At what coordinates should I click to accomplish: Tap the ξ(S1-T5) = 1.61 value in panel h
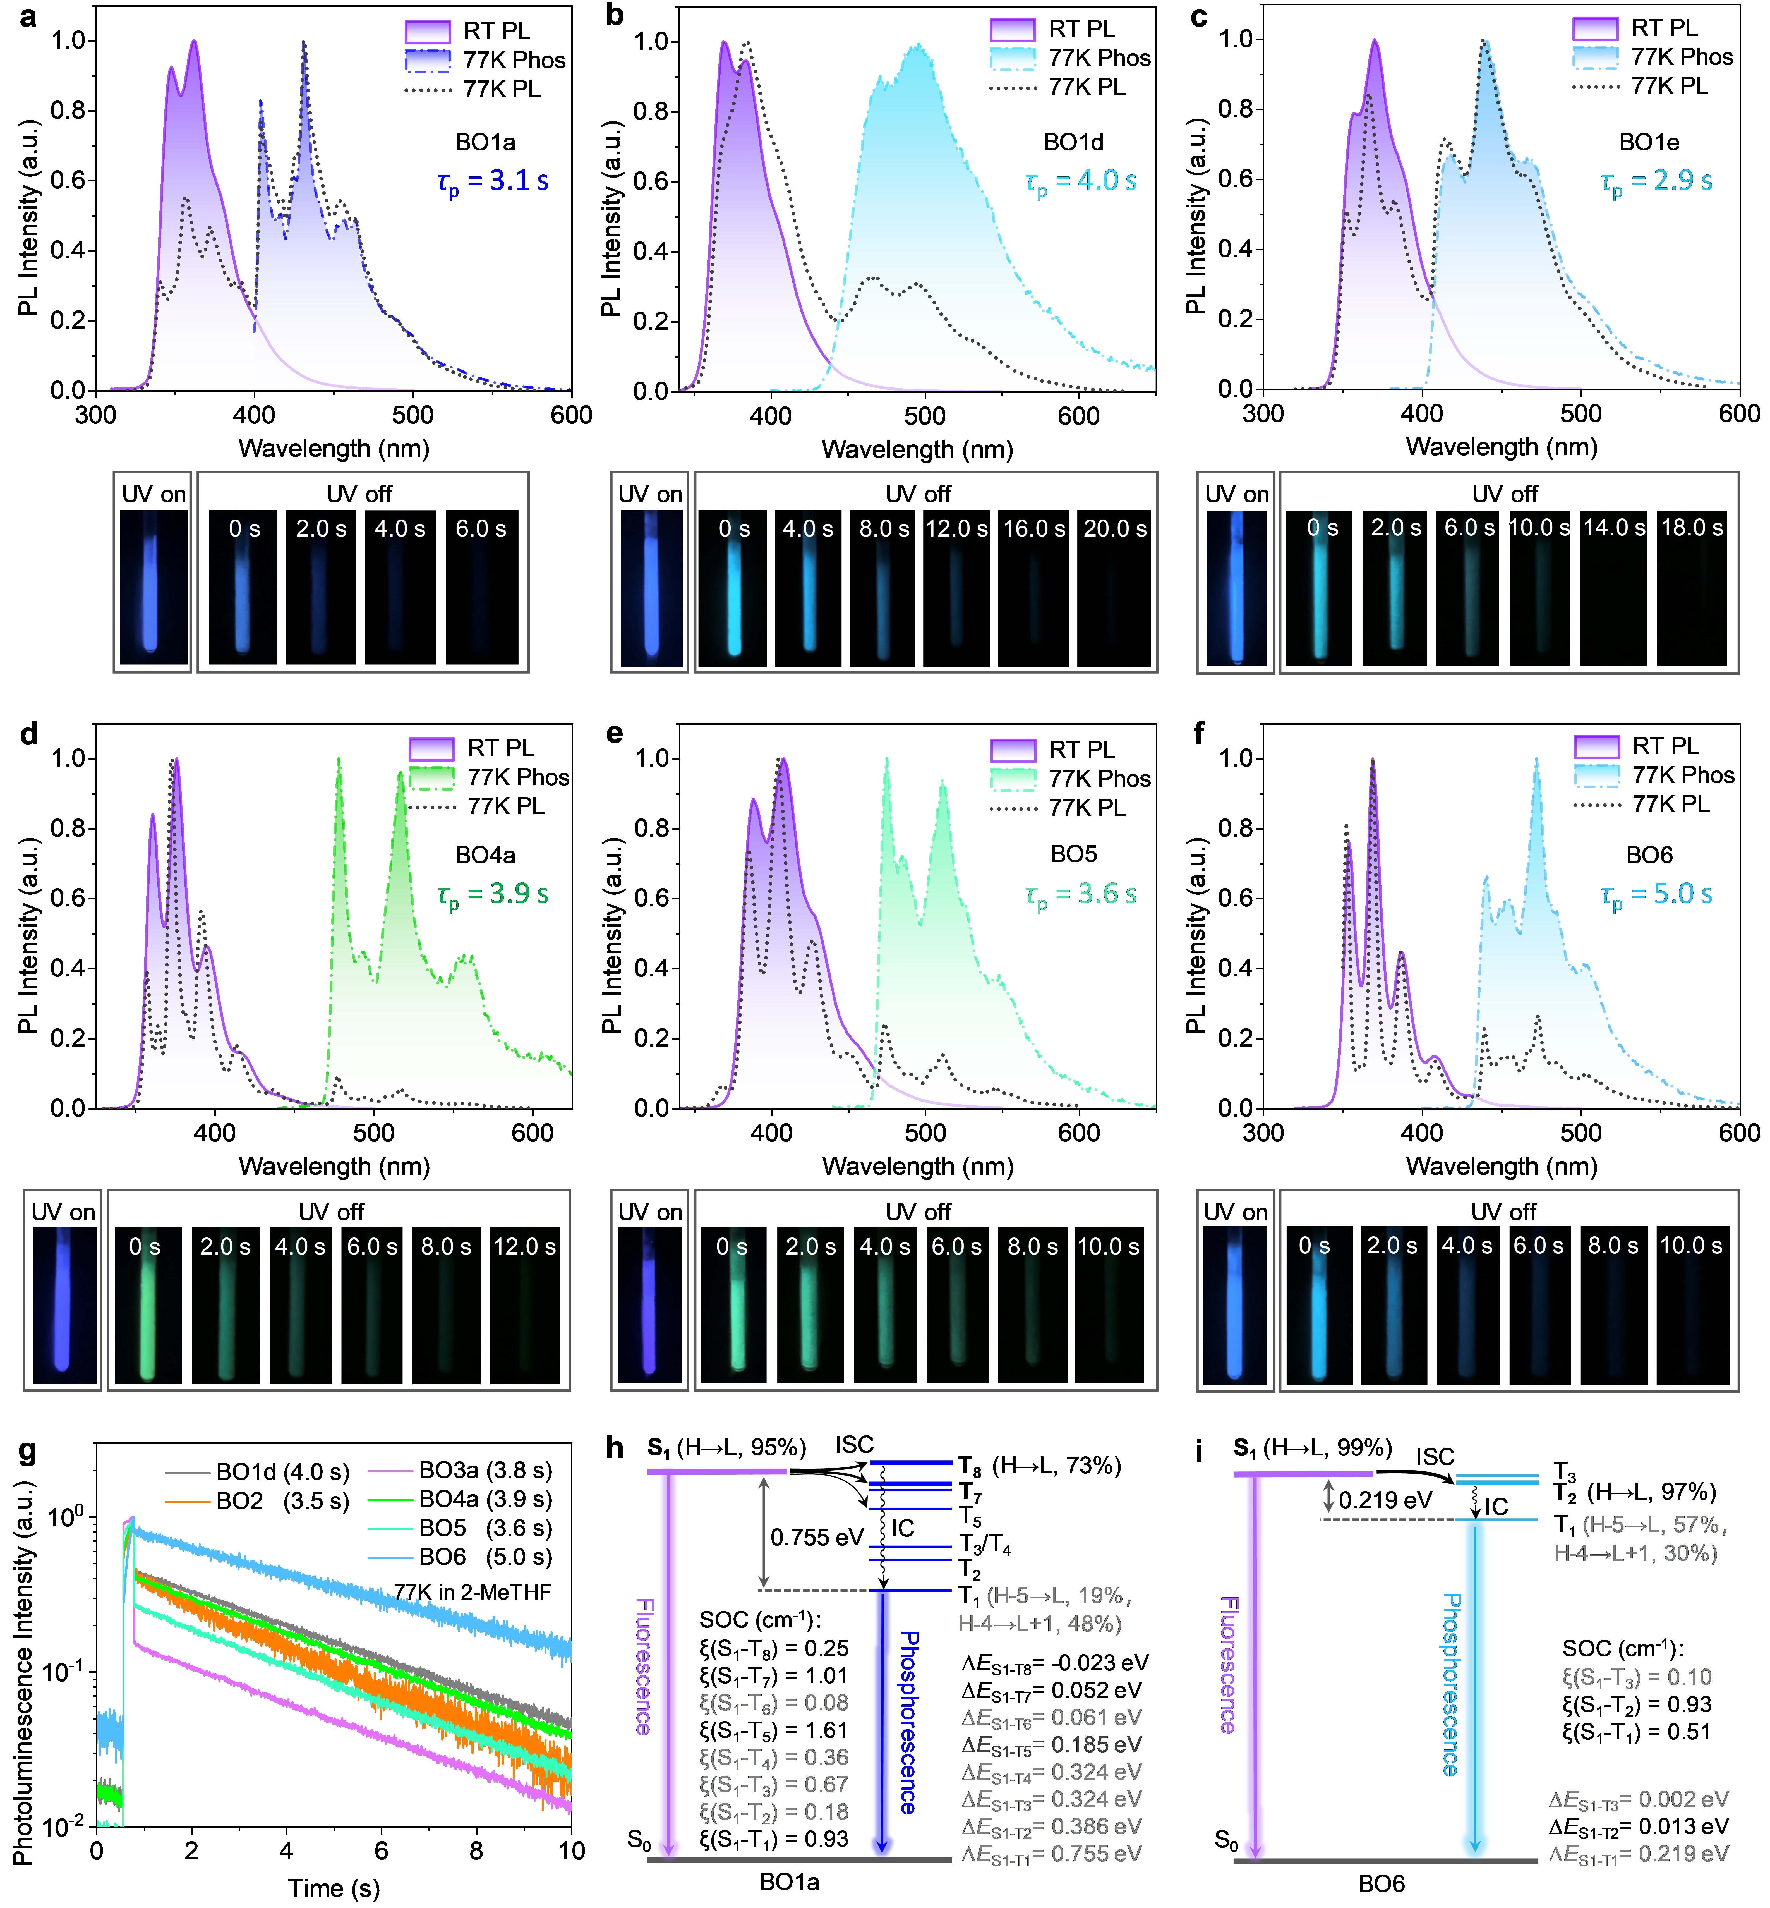[774, 1730]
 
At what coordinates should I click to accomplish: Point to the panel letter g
[28, 1452]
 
